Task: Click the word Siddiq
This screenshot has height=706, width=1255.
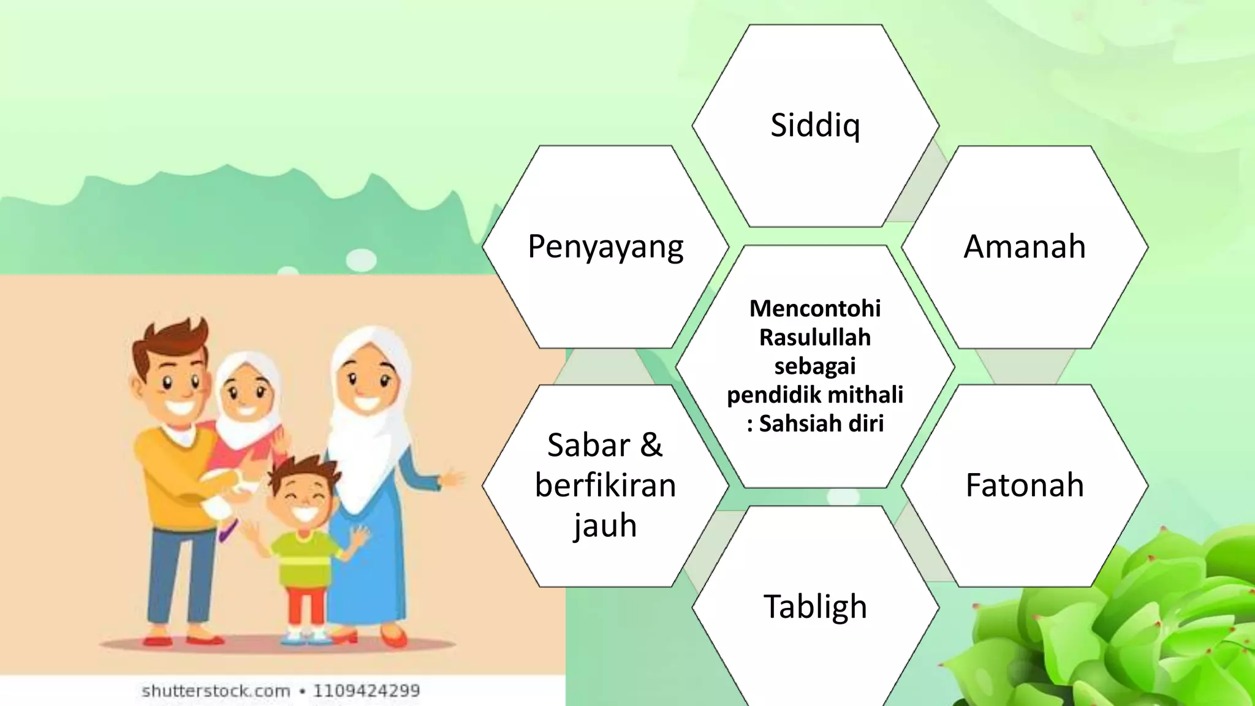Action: point(815,126)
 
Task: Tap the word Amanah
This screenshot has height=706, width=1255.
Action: point(1025,246)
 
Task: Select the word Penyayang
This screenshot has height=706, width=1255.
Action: point(605,247)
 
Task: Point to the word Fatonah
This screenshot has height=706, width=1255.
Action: point(1025,485)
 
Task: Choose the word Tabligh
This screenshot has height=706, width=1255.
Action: point(815,607)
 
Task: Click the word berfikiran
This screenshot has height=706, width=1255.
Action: point(605,485)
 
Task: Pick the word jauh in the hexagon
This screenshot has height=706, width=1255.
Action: point(605,526)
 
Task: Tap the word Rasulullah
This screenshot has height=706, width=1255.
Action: point(815,337)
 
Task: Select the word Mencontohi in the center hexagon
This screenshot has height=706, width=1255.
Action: point(815,308)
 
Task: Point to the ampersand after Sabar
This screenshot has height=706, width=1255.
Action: point(651,445)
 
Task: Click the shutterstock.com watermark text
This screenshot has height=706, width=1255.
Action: point(216,691)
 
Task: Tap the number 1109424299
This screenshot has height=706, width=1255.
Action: point(366,691)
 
